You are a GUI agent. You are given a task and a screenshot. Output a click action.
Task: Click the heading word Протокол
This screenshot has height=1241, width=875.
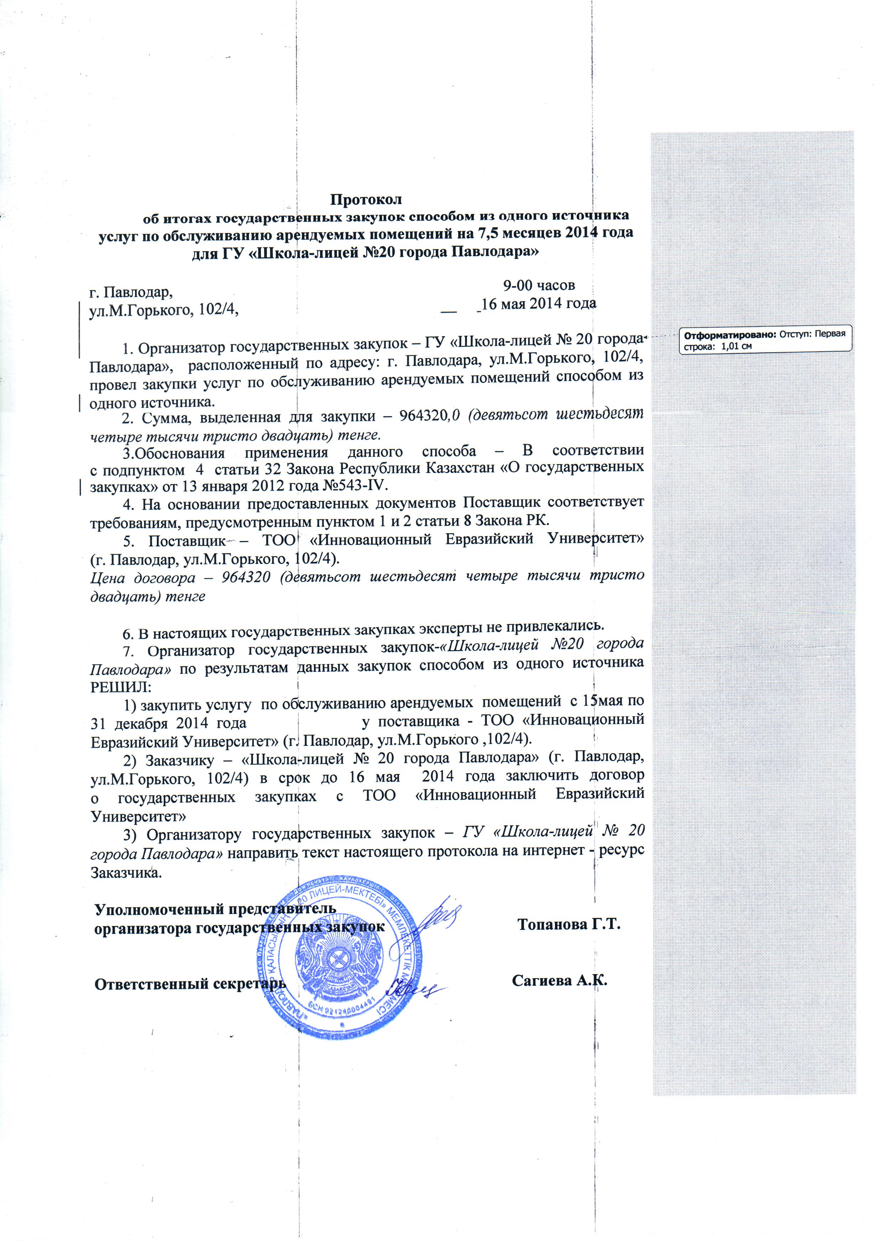pos(366,199)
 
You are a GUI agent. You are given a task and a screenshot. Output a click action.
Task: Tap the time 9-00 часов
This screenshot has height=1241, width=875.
pos(538,285)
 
